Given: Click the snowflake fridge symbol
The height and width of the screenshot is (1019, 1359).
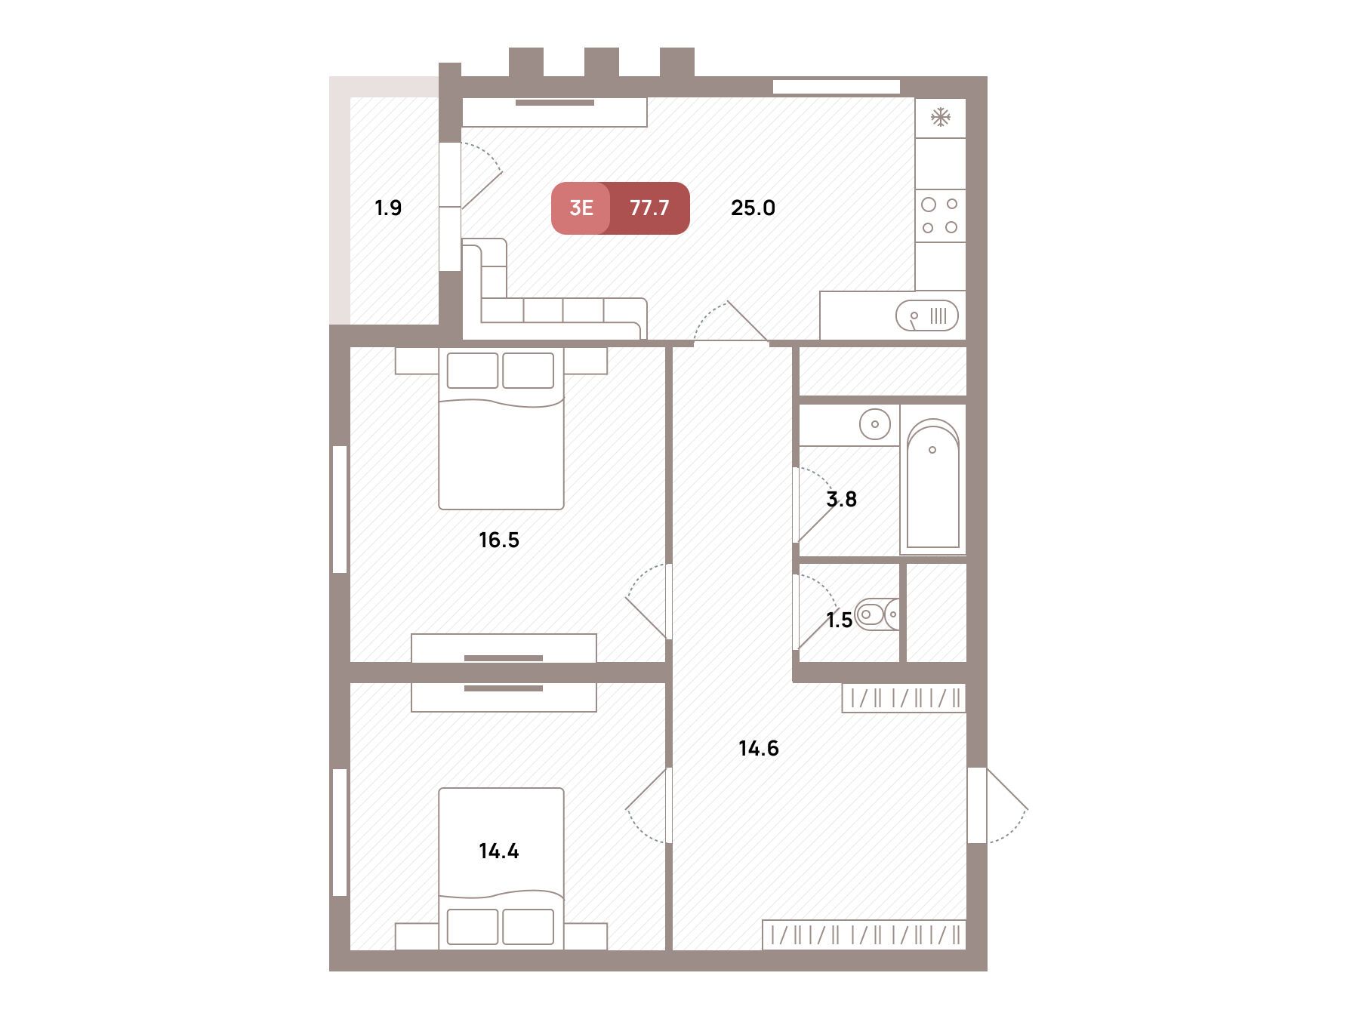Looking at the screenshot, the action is pyautogui.click(x=940, y=118).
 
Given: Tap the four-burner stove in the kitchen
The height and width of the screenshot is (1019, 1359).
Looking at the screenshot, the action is pyautogui.click(x=940, y=215).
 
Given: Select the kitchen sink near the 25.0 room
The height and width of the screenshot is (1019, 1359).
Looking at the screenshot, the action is pyautogui.click(x=926, y=316).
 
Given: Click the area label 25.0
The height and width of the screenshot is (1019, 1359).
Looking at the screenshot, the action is pyautogui.click(x=753, y=208).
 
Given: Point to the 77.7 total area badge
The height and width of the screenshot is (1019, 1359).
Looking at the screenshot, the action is pyautogui.click(x=649, y=208).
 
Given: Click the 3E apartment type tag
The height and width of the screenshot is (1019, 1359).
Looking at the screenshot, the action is pyautogui.click(x=581, y=208).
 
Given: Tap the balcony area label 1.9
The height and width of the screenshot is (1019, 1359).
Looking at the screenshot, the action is pyautogui.click(x=388, y=208).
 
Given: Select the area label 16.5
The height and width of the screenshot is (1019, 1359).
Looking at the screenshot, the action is pyautogui.click(x=499, y=540).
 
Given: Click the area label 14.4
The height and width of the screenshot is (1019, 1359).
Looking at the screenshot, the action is pyautogui.click(x=499, y=851).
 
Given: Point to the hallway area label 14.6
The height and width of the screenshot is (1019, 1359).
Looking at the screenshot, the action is pyautogui.click(x=759, y=748).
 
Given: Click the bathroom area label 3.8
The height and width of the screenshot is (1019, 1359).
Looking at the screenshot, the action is pyautogui.click(x=842, y=499).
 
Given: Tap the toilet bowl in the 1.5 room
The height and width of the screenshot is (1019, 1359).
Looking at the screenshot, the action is pyautogui.click(x=878, y=614).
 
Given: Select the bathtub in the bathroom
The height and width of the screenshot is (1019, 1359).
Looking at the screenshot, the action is pyautogui.click(x=933, y=483).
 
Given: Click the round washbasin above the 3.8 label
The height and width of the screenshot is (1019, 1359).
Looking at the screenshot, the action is pyautogui.click(x=875, y=424).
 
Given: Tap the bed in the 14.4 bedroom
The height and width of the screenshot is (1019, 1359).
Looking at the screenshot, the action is pyautogui.click(x=501, y=868).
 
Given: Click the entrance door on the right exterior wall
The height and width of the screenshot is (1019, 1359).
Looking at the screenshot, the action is pyautogui.click(x=997, y=805).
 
